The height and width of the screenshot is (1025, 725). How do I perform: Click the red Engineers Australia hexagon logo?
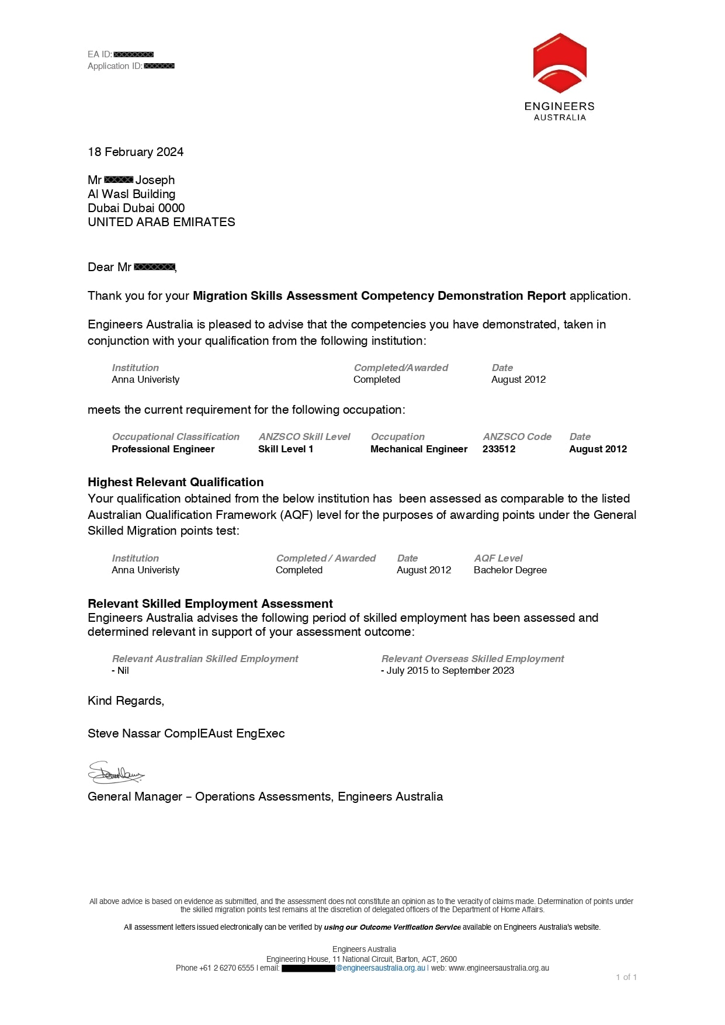coord(560,63)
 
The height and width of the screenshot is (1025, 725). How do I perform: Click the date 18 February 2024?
coord(136,152)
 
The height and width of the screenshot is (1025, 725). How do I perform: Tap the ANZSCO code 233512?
coord(499,449)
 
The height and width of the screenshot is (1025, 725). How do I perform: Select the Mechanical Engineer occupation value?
coord(419,449)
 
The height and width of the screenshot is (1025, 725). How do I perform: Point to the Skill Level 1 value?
coord(286,449)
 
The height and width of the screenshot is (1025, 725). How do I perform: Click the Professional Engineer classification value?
coord(163,449)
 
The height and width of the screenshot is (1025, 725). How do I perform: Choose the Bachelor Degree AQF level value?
coord(510,570)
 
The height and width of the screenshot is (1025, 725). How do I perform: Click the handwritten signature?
coord(116,773)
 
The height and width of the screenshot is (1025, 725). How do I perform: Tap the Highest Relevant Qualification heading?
coord(175,482)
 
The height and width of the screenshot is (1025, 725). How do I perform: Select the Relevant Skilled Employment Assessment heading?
coord(210,604)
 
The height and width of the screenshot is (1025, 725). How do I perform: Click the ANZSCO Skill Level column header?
coord(304,437)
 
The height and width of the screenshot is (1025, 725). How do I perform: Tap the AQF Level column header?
coord(498,558)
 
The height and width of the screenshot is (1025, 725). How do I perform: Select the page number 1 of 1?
coord(626,977)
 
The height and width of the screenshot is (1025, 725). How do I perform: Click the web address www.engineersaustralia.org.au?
coord(499,968)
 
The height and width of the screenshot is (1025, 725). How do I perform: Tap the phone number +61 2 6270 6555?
coord(227,968)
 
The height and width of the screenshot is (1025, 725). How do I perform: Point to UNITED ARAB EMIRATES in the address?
coord(161,222)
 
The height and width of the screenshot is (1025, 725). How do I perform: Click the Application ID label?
coord(115,66)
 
